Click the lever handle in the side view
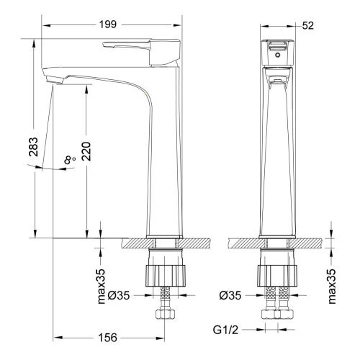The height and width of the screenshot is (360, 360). coord(137,46)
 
